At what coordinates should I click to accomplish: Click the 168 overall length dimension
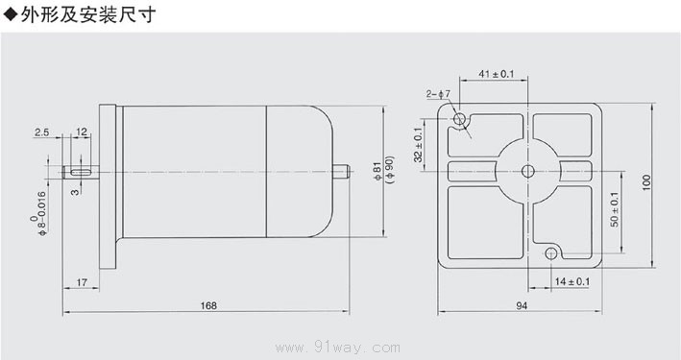pyautogui.click(x=208, y=305)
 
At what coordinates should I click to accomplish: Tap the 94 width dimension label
pyautogui.click(x=522, y=305)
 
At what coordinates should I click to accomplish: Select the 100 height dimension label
pyautogui.click(x=646, y=182)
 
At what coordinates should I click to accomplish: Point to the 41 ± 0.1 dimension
pyautogui.click(x=496, y=74)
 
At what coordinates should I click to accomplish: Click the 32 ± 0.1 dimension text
pyautogui.click(x=418, y=145)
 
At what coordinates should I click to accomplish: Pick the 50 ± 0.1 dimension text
pyautogui.click(x=615, y=209)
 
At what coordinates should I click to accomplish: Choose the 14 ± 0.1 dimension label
pyautogui.click(x=572, y=282)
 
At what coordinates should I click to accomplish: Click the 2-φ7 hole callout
pyautogui.click(x=438, y=94)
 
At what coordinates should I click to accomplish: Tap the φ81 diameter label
pyautogui.click(x=377, y=172)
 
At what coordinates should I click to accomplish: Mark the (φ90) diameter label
pyautogui.click(x=390, y=169)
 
